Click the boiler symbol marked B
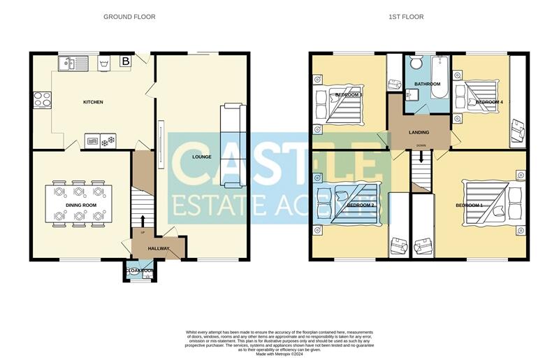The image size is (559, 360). (x=126, y=62)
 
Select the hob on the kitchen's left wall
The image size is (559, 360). (x=39, y=99)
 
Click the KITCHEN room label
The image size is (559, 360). (x=93, y=102)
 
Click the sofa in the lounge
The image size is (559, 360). (x=231, y=145)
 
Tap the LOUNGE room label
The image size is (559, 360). (x=202, y=157)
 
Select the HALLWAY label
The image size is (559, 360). (x=159, y=248)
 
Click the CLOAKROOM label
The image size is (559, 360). (x=140, y=270)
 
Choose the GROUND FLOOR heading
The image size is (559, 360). (x=129, y=16)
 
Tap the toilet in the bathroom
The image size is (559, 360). (x=417, y=64)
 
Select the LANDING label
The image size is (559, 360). (x=419, y=132)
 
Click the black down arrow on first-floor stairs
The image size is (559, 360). (x=421, y=159)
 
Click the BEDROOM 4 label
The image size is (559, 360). (x=489, y=102)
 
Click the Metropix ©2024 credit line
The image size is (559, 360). (x=279, y=354)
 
